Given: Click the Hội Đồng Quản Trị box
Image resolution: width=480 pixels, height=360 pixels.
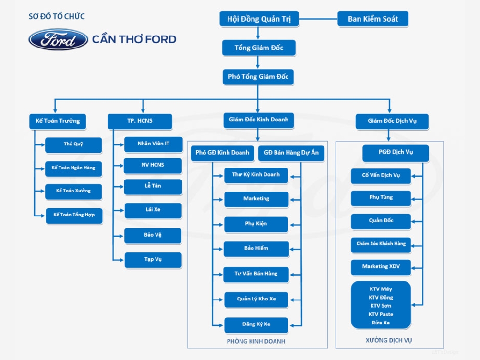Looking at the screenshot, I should click(x=259, y=19).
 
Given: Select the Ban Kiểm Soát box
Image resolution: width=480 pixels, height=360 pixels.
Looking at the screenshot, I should click(x=373, y=19).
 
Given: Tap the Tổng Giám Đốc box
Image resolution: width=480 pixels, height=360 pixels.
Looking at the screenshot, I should click(x=259, y=48).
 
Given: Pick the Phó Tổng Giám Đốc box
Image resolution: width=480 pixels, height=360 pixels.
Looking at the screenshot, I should click(x=258, y=77).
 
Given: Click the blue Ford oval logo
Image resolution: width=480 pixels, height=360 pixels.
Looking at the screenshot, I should click(x=58, y=39).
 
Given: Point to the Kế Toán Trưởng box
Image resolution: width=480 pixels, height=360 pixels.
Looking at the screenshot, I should click(x=58, y=121).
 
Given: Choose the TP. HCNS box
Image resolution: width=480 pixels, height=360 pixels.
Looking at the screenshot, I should click(x=140, y=121).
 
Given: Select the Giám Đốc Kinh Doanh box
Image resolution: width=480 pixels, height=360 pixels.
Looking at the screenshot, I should click(x=259, y=120).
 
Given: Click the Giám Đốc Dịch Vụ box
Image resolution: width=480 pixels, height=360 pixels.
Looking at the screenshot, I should click(x=392, y=121).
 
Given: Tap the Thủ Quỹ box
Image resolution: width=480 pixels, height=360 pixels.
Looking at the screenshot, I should click(x=73, y=144).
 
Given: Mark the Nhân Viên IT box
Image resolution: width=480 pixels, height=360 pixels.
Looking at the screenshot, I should click(x=153, y=144).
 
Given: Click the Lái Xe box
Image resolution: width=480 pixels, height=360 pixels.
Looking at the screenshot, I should click(x=153, y=210).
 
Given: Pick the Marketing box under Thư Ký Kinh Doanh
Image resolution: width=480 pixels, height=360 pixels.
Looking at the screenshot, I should click(x=256, y=199).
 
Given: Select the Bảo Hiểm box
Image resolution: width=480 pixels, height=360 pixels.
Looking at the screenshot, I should click(x=256, y=249).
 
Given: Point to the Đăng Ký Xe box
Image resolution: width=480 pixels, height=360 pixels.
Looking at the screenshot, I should click(x=256, y=325).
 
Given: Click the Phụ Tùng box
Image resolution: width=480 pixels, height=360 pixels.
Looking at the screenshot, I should click(x=381, y=198).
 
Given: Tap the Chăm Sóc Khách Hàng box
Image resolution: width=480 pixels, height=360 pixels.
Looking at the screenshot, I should click(x=381, y=244).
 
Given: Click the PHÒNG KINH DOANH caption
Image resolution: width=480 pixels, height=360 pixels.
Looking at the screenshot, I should click(x=256, y=342).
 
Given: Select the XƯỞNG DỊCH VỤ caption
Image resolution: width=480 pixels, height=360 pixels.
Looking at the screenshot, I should click(x=389, y=340).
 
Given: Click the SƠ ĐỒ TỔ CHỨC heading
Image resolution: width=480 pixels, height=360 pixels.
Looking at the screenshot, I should click(x=57, y=17).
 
